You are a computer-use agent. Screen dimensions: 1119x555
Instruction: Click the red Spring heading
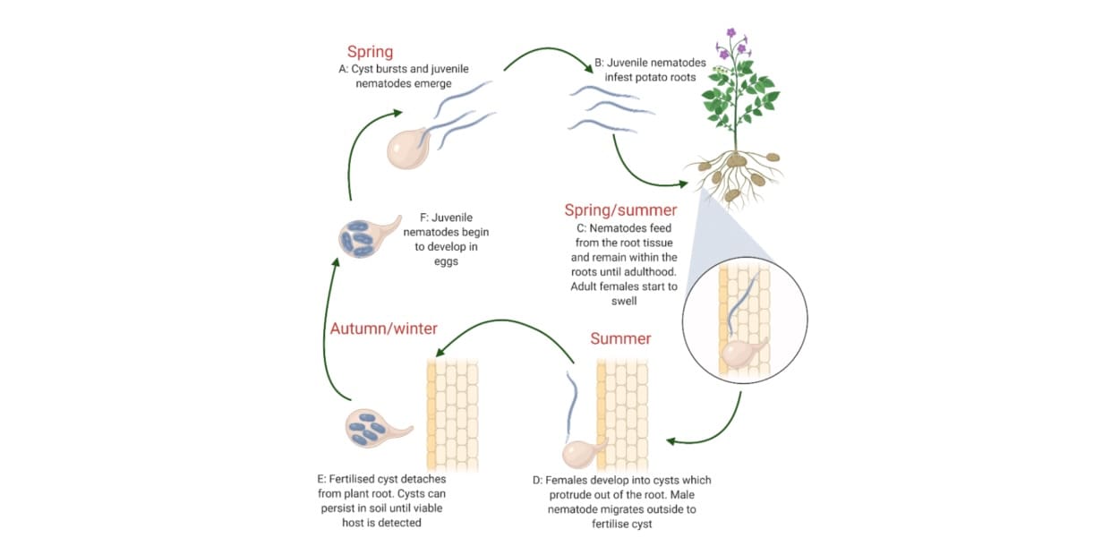371,52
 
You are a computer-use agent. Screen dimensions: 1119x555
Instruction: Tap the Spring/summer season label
621,210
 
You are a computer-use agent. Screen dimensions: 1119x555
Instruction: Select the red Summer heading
620,338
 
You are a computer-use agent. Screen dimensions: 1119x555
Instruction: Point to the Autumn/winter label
384,329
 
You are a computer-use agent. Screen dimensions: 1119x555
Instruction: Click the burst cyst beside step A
407,149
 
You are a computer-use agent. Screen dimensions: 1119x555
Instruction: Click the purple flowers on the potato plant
732,43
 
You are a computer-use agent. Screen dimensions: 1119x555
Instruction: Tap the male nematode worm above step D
571,407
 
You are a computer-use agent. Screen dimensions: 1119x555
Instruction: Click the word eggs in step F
446,261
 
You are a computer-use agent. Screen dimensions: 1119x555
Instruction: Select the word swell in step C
624,302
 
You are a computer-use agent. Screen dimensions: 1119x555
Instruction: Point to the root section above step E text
453,414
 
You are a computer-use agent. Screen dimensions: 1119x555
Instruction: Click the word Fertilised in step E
352,479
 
